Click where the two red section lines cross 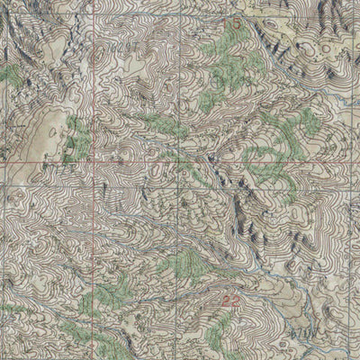pyautogui.click(x=92, y=163)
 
